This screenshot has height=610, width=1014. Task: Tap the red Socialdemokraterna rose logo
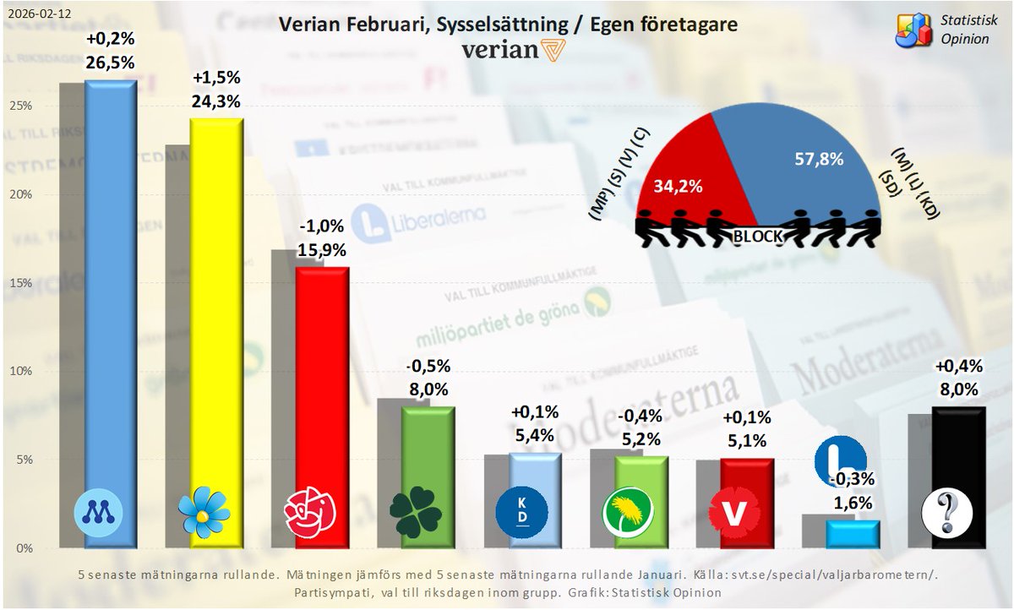(310, 512)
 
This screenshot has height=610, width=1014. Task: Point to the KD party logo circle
(522, 512)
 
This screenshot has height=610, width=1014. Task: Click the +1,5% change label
(216, 79)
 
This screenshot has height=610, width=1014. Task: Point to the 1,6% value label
(850, 504)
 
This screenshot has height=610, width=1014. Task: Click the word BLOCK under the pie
(757, 237)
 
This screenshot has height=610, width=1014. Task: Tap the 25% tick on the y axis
(21, 106)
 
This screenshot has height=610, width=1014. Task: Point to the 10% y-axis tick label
(21, 372)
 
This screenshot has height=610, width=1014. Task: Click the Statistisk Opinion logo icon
(915, 31)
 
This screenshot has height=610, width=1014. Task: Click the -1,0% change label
(322, 227)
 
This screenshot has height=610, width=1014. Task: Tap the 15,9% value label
(322, 250)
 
